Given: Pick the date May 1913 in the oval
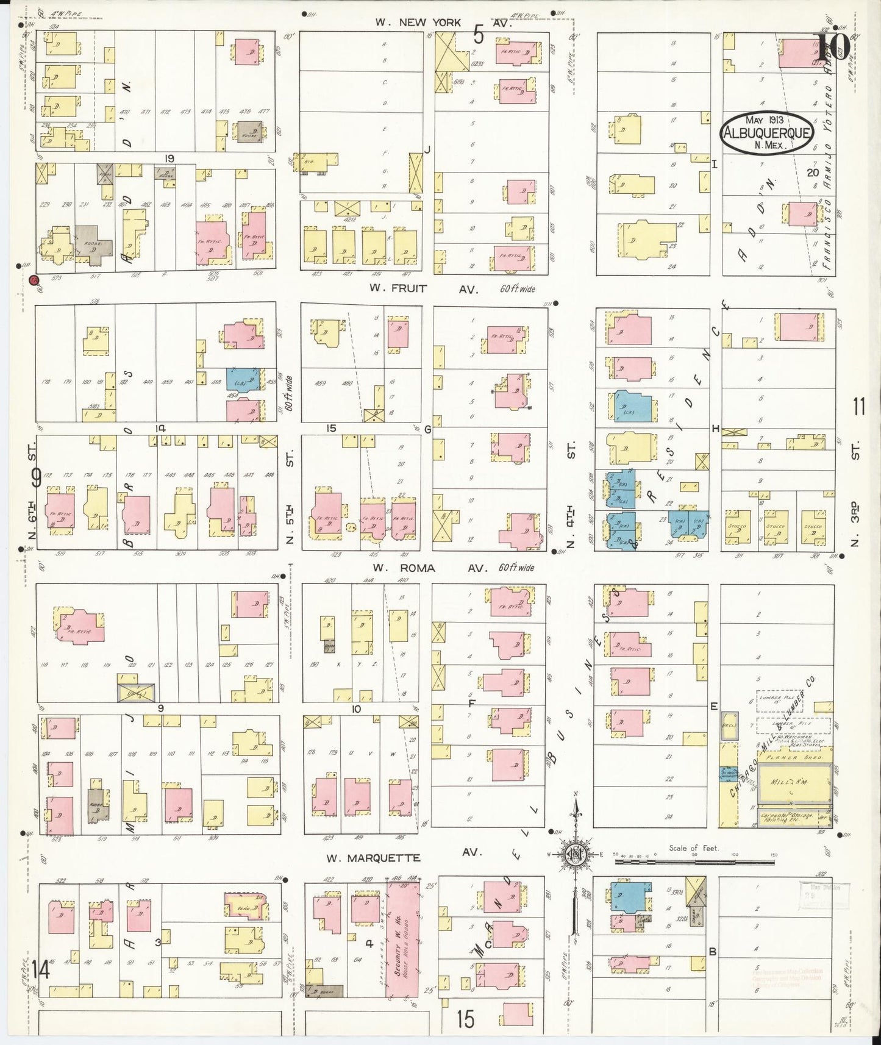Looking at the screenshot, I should coord(764,120).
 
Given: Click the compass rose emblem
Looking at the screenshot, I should coord(575,854).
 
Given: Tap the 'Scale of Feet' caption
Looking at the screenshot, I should coord(694,847).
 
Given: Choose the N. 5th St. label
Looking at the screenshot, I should coord(290,497).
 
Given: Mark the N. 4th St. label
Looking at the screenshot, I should coord(571,497).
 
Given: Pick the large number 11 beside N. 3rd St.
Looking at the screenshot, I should coord(859,406).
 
